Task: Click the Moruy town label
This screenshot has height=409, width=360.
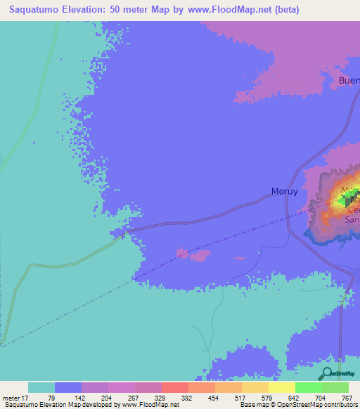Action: (285, 191)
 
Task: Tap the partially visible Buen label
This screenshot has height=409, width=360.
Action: (349, 80)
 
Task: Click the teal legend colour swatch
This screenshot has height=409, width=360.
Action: (41, 387)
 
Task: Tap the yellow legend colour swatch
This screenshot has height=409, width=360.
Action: (281, 387)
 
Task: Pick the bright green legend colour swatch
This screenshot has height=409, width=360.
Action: (308, 387)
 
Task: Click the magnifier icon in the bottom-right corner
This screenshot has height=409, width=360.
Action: (327, 374)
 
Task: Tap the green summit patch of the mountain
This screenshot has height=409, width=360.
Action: (344, 201)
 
